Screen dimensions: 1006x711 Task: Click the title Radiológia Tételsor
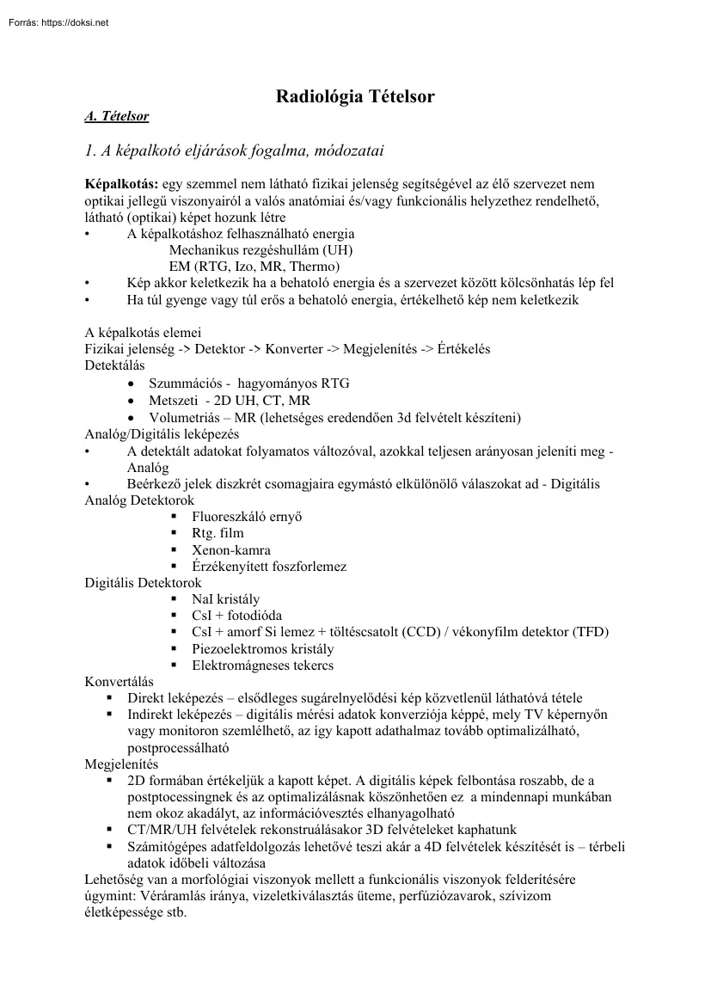coord(354,97)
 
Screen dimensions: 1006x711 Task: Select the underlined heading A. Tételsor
coord(117,116)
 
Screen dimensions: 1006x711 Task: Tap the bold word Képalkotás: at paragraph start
coord(121,184)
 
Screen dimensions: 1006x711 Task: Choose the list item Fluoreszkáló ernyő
coord(247,517)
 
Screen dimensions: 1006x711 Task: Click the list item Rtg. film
coord(218,533)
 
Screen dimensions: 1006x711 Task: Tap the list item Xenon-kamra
coord(231,549)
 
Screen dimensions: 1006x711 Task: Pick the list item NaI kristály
coord(226,599)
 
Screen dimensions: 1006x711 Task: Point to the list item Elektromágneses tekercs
coord(263,666)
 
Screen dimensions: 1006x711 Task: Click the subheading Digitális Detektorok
coord(143,583)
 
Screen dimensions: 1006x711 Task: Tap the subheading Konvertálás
coord(120,682)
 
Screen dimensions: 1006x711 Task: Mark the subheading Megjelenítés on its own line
coord(121,764)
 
